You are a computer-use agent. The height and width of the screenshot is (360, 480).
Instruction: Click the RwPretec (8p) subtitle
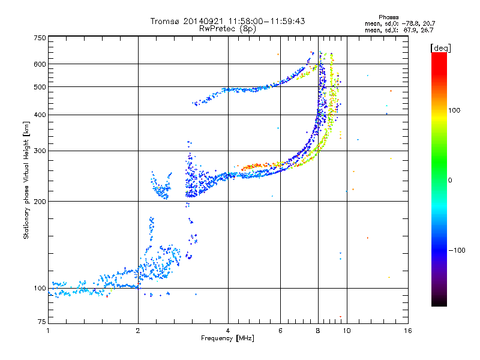pyautogui.click(x=227, y=29)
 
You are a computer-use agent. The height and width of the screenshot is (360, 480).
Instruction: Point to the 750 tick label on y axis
pyautogui.click(x=40, y=38)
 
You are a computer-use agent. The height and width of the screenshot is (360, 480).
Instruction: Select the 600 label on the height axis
pyautogui.click(x=40, y=64)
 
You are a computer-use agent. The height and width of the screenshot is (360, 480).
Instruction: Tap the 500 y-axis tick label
pyautogui.click(x=40, y=87)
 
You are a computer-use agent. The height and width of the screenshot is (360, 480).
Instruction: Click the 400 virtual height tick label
pyautogui.click(x=40, y=115)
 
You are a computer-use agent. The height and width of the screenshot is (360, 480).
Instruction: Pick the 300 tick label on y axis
pyautogui.click(x=40, y=151)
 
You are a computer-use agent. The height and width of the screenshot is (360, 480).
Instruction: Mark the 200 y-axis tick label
pyautogui.click(x=40, y=202)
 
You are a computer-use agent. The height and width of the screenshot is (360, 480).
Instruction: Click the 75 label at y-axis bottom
pyautogui.click(x=42, y=322)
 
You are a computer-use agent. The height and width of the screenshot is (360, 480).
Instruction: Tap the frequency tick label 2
pyautogui.click(x=138, y=331)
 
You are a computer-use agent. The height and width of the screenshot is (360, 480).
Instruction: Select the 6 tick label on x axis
pyautogui.click(x=280, y=331)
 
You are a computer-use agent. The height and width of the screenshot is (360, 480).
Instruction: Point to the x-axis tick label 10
pyautogui.click(x=347, y=331)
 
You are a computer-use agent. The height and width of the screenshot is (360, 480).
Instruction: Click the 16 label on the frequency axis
pyautogui.click(x=408, y=331)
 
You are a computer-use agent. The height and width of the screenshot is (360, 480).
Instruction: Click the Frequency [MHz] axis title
pyautogui.click(x=227, y=338)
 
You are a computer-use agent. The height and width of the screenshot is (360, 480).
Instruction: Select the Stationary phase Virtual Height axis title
pyautogui.click(x=26, y=181)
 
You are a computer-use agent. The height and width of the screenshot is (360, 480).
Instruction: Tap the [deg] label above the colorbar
pyautogui.click(x=440, y=48)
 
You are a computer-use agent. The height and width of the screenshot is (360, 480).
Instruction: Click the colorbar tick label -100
pyautogui.click(x=457, y=250)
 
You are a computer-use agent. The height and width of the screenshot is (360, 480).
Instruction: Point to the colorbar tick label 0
pyautogui.click(x=450, y=181)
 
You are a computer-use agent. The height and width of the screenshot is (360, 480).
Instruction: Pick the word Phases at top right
pyautogui.click(x=389, y=17)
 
